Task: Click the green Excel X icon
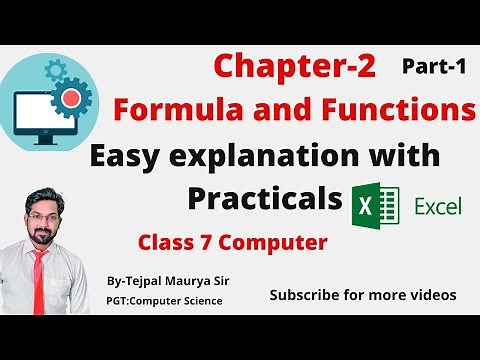371,207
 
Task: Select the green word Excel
437,207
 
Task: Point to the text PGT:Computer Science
164,301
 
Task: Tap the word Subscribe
310,295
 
